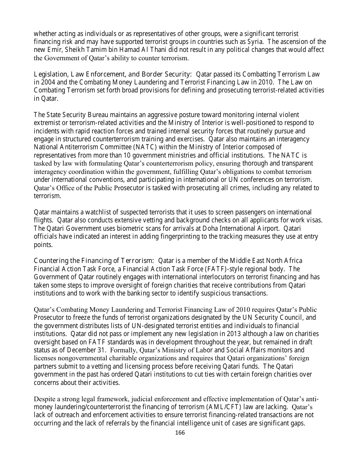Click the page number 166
[180, 433]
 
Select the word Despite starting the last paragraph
[45, 399]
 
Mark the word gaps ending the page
[297, 424]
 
